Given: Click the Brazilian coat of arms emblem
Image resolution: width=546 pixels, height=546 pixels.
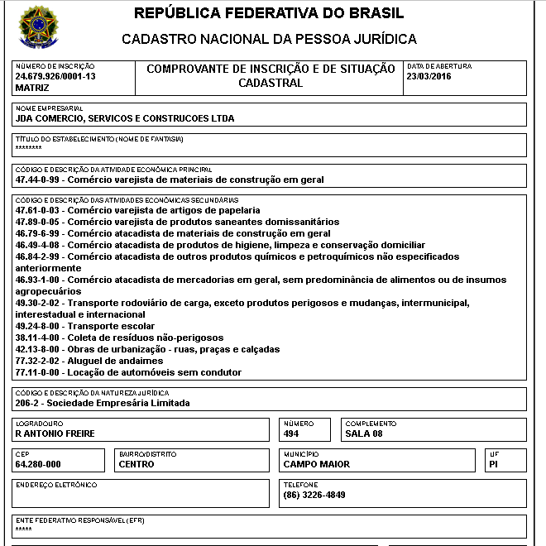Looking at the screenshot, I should coord(38,28).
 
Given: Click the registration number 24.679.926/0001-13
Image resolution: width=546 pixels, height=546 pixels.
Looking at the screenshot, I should coord(55,76).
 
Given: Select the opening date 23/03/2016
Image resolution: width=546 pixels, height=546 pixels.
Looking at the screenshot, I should coord(428,76).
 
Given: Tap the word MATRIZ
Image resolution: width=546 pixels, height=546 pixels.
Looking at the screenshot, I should coord(32,87).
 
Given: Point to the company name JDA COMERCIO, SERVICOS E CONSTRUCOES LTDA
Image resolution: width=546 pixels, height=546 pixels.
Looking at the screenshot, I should coord(125,118).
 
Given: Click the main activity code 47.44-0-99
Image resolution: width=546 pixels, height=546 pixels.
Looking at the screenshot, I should coord(38,180).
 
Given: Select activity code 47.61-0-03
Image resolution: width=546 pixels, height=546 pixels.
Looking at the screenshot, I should coord(38,211).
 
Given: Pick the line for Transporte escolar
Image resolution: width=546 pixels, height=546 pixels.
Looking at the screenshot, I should coord(99,326).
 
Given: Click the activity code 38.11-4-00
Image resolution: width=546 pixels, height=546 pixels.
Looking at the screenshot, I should coord(38,338).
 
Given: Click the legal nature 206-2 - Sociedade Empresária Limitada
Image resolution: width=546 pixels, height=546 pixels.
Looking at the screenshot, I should coord(103,404).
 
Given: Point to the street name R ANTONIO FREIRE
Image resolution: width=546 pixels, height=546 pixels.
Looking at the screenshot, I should coord(55,433).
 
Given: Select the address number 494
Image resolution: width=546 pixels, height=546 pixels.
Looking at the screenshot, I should coord(291,433).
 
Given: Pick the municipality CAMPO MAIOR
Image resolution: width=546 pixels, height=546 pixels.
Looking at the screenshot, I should coord(316,464).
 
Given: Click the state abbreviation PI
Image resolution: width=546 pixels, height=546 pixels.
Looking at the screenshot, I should coord(494,464).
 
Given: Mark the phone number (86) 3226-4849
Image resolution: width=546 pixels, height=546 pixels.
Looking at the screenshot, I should coord(314,495).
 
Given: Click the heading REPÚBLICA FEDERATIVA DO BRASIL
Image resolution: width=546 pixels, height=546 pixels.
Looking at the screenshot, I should coord(269,14).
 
